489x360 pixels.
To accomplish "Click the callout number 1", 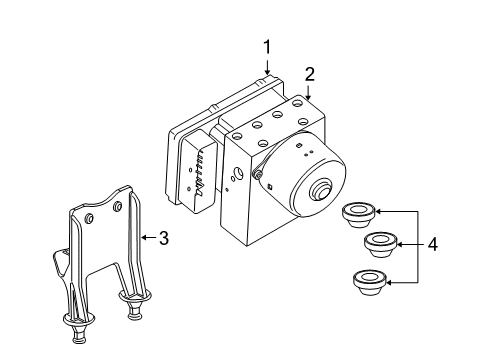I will [267, 46].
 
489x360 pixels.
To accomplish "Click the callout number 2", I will [310, 73].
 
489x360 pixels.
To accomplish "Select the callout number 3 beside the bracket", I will [163, 237].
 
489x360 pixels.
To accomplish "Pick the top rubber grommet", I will [356, 213].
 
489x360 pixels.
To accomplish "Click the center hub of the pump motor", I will [324, 191].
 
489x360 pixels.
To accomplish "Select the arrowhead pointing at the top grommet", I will [379, 212].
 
